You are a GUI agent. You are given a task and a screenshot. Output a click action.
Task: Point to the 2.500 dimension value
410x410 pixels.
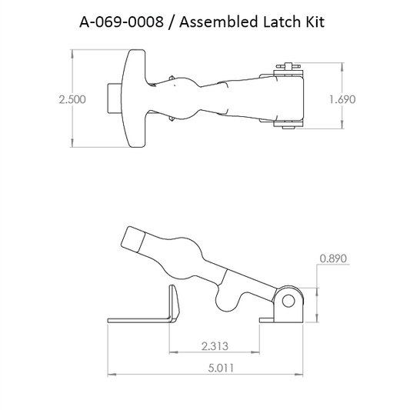[72, 99]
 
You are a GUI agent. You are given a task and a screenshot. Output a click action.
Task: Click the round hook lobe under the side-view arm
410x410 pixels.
[229, 299]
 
